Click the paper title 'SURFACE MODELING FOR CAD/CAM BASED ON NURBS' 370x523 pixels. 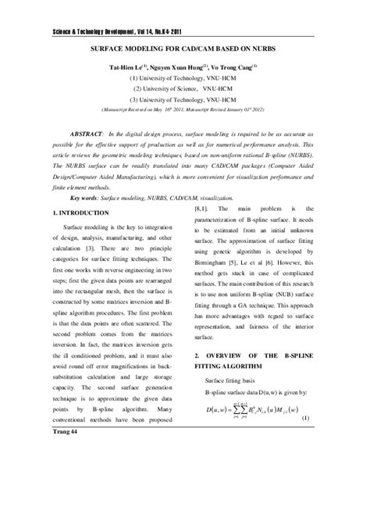[x=185, y=48]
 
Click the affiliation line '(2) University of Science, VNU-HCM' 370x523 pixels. [x=185, y=90]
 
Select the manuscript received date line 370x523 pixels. [x=185, y=111]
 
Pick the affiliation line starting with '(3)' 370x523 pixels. [x=185, y=101]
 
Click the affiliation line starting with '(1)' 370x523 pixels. [x=185, y=79]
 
